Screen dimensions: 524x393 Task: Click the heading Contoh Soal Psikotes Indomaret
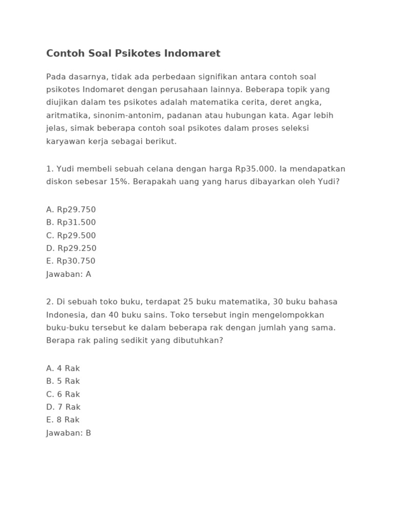coord(133,53)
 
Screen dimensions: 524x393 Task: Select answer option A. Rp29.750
coord(71,209)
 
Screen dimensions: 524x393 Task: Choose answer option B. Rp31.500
coord(71,222)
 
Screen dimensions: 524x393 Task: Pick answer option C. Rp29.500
coord(71,235)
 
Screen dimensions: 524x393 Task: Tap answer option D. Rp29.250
coord(71,248)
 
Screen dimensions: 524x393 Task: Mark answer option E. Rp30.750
coord(71,261)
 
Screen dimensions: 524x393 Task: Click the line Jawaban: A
coord(69,274)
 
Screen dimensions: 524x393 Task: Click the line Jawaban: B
coord(69,433)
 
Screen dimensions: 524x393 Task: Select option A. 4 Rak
coord(63,368)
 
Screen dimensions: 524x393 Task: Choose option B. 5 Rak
coord(63,381)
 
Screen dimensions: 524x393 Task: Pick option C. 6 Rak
coord(63,394)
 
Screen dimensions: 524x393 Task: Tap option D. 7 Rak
coord(63,407)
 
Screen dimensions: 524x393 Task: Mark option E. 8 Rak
coord(63,420)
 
